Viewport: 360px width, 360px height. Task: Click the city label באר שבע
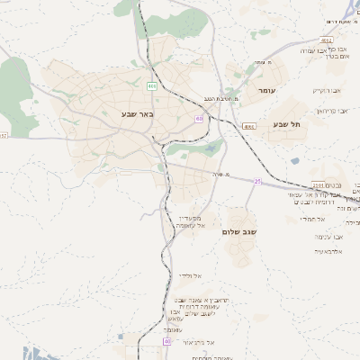click(136, 114)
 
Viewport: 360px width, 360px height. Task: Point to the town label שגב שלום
click(238, 231)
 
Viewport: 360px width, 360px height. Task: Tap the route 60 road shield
click(198, 118)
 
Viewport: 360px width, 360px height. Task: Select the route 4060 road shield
click(249, 127)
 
